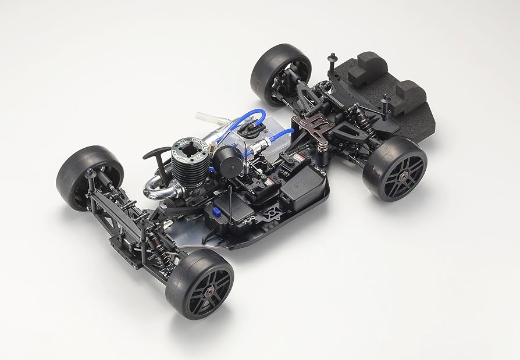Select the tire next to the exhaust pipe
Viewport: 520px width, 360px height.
click(87, 177)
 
